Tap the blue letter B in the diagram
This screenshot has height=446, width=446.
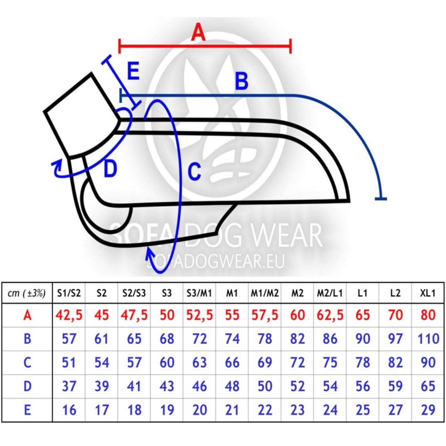point(241,81)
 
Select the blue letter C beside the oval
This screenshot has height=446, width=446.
point(194,172)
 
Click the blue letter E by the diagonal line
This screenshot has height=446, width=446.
point(133,71)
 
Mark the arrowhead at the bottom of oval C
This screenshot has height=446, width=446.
point(150,254)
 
